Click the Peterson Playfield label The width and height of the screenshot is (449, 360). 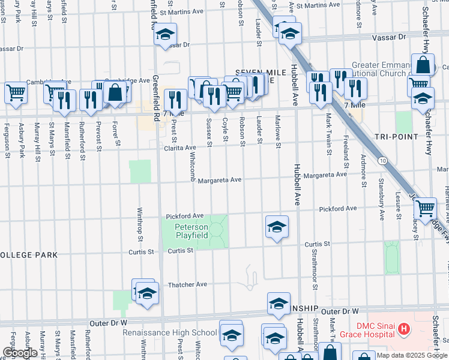pos(191,232)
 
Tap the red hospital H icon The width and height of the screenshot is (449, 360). pos(404,329)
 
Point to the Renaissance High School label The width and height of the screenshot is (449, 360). pos(170,332)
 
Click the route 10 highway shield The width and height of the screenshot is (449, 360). pos(382,160)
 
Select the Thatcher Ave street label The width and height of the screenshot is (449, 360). pos(187,284)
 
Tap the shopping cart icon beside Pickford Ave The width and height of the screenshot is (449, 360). pos(426,208)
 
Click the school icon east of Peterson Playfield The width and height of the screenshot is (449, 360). pos(277,226)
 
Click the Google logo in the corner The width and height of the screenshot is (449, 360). pos(20,353)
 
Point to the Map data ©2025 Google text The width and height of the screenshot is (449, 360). pos(412,355)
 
